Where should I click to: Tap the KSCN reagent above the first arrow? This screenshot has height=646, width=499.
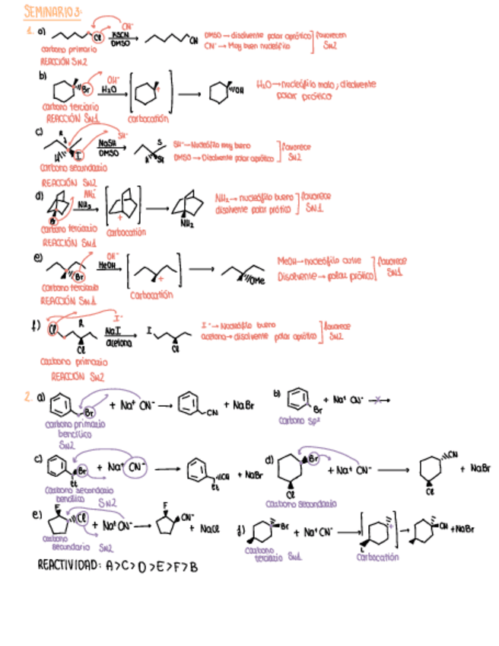(119, 34)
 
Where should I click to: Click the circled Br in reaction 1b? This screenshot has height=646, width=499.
(87, 89)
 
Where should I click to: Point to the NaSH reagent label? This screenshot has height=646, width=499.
(107, 142)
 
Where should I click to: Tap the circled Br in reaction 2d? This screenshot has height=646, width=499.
(312, 459)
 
